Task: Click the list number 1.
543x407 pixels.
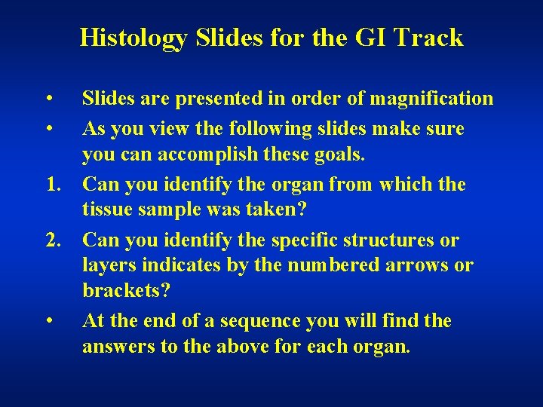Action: tap(51, 185)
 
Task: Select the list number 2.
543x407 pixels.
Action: tap(51, 240)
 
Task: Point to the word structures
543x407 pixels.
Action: tap(388, 240)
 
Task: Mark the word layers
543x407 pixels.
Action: tap(106, 266)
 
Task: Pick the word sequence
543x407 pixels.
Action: tap(267, 322)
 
